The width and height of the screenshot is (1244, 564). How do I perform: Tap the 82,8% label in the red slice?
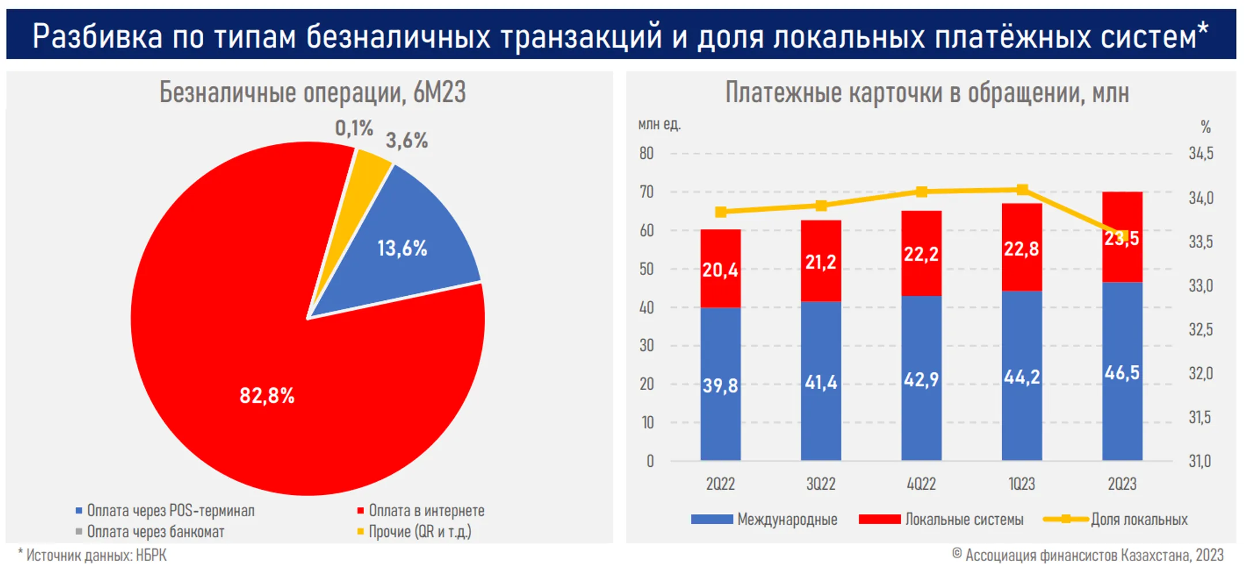267,396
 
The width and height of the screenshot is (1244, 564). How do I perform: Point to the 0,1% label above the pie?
354,128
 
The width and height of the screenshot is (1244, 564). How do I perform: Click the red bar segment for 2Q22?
720,268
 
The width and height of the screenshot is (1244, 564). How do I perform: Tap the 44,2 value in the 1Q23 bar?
1022,377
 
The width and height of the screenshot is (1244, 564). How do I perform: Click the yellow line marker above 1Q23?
1022,190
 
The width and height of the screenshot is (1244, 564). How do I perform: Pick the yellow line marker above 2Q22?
720,212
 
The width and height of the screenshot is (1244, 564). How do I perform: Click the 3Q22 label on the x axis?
821,484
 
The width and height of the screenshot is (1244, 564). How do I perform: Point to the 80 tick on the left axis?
646,154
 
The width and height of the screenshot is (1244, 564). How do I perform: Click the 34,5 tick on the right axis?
1201,154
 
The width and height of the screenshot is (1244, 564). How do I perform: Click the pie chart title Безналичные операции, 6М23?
312,93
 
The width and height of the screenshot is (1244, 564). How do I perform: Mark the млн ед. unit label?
659,124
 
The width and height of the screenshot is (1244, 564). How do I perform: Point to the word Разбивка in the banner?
97,36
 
